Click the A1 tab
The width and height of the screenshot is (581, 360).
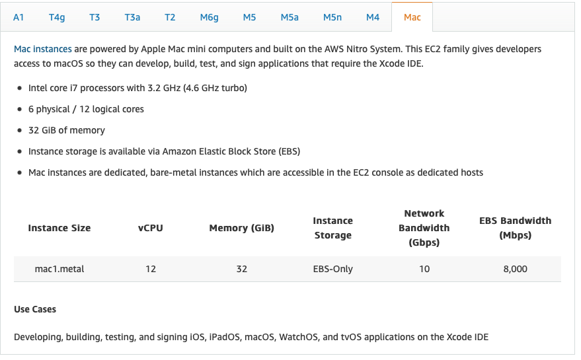(x=19, y=17)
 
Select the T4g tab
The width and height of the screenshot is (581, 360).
(x=57, y=17)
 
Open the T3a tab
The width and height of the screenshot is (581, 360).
(x=132, y=17)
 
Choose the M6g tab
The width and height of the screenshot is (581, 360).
(x=209, y=17)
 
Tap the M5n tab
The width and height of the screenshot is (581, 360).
(x=332, y=17)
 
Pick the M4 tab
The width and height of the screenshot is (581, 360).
(x=373, y=17)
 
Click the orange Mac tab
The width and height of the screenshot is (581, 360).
(x=412, y=17)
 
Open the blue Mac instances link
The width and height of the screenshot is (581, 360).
(x=43, y=49)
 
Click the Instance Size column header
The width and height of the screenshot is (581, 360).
(x=59, y=228)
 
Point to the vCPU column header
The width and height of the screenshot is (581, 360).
(x=151, y=228)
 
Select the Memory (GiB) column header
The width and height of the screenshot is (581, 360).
(x=242, y=228)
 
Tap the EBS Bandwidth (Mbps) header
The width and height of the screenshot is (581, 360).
(x=516, y=228)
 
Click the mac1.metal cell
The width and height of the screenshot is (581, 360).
(x=59, y=269)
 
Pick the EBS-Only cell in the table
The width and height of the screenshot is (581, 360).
(x=332, y=269)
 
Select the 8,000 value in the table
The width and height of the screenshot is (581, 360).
(x=516, y=269)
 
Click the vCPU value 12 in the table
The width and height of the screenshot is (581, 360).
(x=151, y=269)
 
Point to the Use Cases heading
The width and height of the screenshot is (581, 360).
(x=35, y=309)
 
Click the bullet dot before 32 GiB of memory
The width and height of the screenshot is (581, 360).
(x=20, y=130)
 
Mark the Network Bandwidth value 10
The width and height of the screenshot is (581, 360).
(x=424, y=269)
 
